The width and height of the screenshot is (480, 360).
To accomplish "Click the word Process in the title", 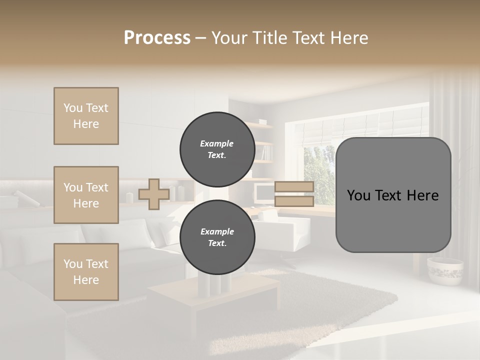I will (157, 38).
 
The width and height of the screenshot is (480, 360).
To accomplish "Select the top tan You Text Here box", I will (86, 116).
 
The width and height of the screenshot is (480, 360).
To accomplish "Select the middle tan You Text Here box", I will (86, 195).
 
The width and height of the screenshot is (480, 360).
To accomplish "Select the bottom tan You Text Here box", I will (86, 272).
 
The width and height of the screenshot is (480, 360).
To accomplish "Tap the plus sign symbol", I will (153, 194).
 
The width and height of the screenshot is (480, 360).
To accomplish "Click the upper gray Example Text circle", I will (217, 149).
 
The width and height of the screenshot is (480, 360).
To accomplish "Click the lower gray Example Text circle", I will (217, 237).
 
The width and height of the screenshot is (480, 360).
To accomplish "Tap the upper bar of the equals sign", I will (294, 187).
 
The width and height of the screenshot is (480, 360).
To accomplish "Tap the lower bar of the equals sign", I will (294, 201).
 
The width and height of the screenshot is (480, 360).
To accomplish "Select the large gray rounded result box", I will (393, 195).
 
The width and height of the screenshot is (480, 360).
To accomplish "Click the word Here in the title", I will (349, 38).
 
